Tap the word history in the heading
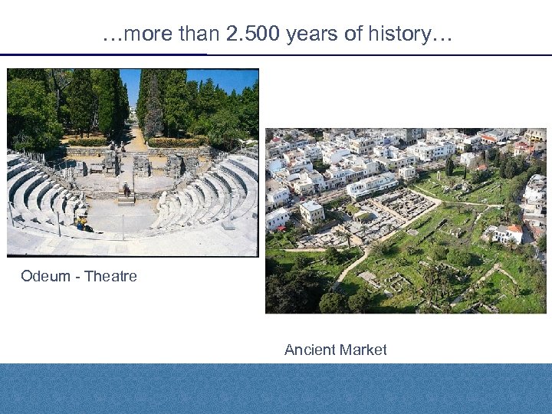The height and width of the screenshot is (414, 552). pos(408,34)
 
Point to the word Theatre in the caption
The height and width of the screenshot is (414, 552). pos(110,276)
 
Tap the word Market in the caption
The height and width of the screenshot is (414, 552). pos(363,350)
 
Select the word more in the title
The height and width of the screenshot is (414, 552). pos(143,34)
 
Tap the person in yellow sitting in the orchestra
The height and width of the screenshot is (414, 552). pos(81,223)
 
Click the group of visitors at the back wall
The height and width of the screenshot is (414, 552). pos(115,146)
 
